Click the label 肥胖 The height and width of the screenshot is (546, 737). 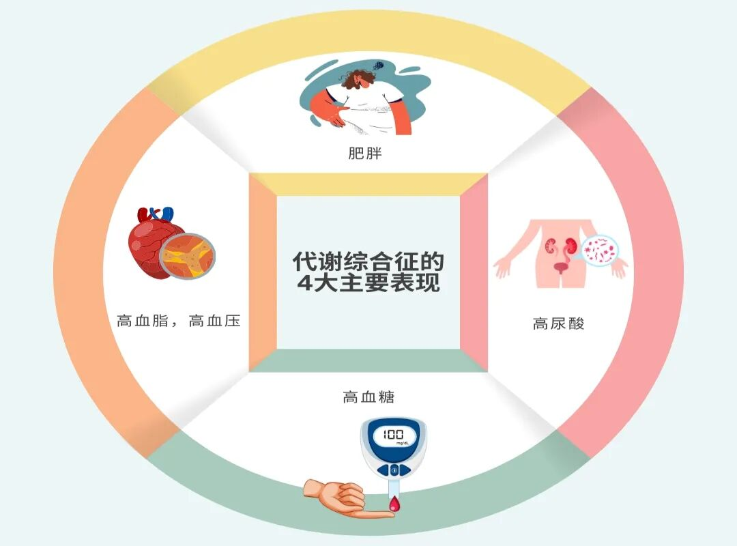click(364, 154)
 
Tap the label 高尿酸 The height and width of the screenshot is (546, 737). click(558, 324)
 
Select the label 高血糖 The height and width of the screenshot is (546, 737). click(369, 397)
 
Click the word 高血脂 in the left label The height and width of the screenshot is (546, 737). click(143, 321)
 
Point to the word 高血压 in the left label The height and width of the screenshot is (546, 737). click(214, 321)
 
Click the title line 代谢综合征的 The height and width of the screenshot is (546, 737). click(368, 261)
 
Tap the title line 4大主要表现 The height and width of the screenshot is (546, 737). click(369, 283)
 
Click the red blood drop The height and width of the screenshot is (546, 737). click(394, 504)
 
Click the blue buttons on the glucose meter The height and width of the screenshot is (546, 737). click(394, 470)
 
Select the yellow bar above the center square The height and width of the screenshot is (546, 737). click(369, 185)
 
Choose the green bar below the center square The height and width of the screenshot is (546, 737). click(369, 360)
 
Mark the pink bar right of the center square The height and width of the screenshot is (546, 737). click(474, 273)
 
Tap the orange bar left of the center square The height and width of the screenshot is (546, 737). click(263, 273)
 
